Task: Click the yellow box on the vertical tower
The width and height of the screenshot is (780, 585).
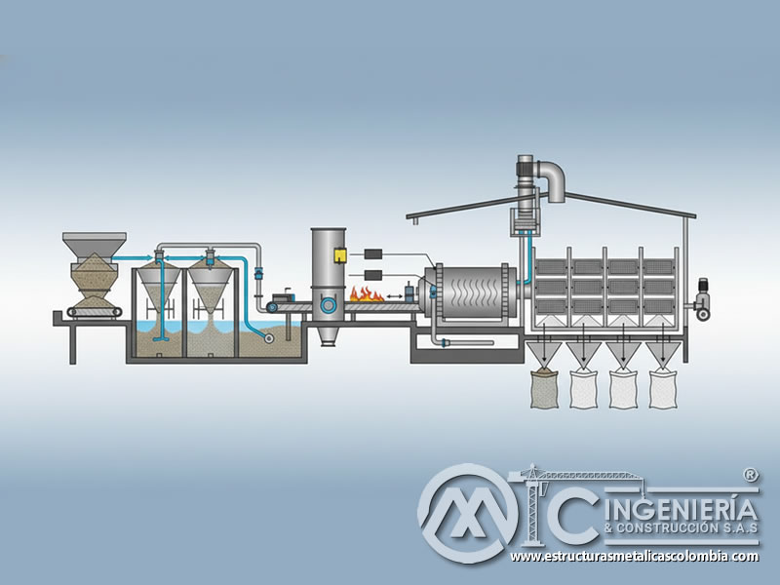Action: click(x=340, y=254)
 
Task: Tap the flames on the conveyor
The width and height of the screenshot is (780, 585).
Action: click(x=367, y=294)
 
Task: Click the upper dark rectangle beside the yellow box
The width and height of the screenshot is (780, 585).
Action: click(x=373, y=253)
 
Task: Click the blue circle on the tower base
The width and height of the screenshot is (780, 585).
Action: click(x=328, y=304)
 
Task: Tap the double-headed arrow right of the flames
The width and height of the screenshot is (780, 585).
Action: click(x=395, y=297)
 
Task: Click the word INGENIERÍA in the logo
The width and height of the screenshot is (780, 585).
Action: click(x=682, y=510)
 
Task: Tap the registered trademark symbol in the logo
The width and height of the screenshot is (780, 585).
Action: click(x=750, y=475)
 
